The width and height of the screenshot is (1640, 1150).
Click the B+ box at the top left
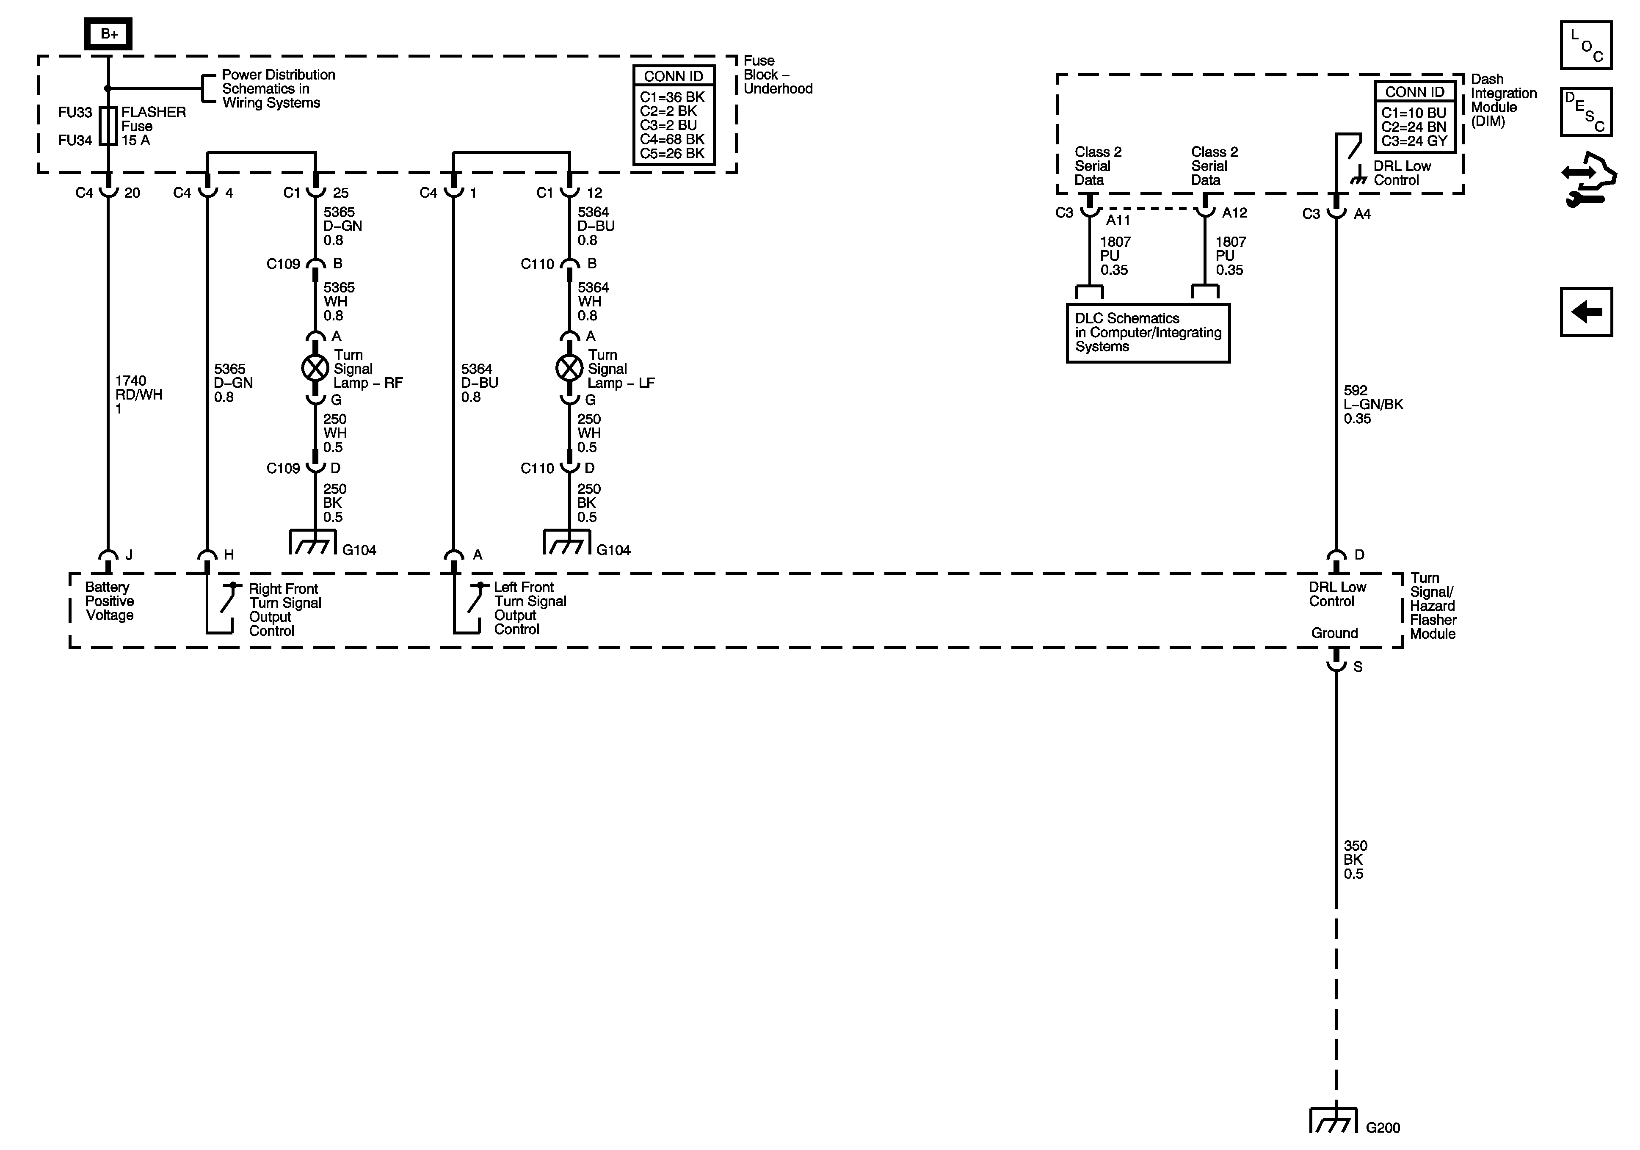108,33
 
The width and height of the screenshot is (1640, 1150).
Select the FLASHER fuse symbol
108,127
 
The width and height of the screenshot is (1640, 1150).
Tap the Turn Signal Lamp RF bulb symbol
315,369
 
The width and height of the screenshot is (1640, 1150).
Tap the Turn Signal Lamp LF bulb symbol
569,369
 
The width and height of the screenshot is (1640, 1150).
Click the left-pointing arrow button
1586,312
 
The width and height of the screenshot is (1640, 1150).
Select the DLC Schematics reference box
1148,333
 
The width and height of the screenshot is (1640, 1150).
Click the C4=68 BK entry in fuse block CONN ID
672,139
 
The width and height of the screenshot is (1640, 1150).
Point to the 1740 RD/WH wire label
138,394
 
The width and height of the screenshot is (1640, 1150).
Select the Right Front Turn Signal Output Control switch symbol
227,600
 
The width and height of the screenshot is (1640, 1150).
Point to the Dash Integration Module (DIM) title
1503,100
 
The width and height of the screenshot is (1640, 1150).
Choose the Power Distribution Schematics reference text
277,88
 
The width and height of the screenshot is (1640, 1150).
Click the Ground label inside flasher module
1334,633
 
